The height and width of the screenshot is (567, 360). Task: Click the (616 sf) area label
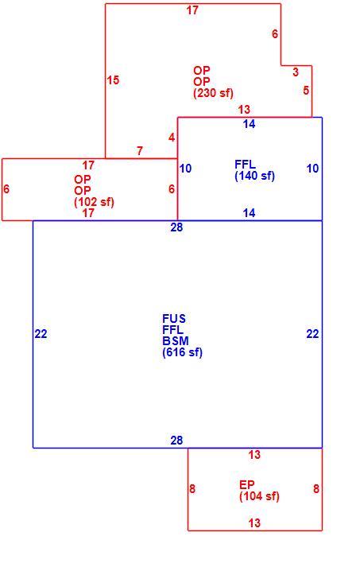click(x=183, y=352)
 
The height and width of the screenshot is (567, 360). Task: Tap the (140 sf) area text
click(x=255, y=176)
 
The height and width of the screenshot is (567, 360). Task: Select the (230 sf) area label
click(x=213, y=93)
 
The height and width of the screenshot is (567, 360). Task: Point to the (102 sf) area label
click(x=94, y=202)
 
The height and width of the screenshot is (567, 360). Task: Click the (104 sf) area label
click(x=260, y=496)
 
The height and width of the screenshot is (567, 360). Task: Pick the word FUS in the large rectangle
click(x=174, y=319)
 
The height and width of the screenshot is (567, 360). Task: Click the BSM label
click(x=176, y=341)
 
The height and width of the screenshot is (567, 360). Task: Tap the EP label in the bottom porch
click(x=247, y=484)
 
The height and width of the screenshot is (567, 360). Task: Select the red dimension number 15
click(x=113, y=80)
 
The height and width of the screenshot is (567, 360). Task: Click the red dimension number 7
click(x=140, y=151)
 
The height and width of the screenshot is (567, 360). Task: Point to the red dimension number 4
click(x=172, y=138)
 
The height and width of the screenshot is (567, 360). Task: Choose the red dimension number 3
click(x=296, y=72)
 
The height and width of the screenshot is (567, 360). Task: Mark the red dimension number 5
click(x=306, y=90)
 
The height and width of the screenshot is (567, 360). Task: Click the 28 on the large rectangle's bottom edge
click(x=176, y=440)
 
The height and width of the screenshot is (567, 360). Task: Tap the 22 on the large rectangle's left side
click(x=41, y=334)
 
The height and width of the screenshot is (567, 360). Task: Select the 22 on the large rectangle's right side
click(x=312, y=334)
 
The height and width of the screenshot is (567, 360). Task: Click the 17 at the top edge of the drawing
click(x=192, y=10)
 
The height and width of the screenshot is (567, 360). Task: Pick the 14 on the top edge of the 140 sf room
click(x=249, y=124)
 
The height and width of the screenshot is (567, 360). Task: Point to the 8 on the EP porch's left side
click(x=192, y=489)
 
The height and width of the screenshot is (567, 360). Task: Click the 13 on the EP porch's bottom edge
click(x=254, y=523)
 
